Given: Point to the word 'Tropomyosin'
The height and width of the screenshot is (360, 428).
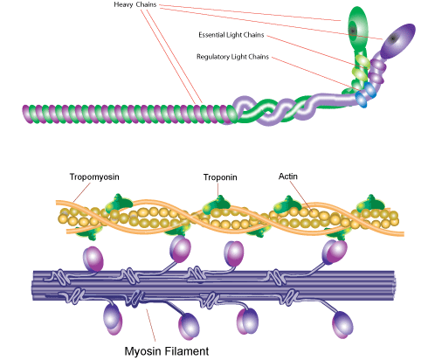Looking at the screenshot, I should pos(93,176).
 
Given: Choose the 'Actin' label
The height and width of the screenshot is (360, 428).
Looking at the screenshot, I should pos(286,176).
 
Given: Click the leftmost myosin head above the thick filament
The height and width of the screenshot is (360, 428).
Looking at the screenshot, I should pos(94,260).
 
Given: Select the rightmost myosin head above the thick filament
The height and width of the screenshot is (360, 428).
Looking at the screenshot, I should pos(334,253).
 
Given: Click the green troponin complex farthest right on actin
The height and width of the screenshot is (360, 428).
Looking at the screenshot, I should pos(370,214).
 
